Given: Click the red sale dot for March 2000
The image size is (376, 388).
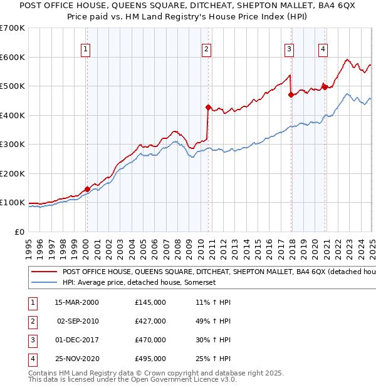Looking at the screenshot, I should point(87,189).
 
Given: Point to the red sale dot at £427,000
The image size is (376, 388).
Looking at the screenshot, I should point(208,107).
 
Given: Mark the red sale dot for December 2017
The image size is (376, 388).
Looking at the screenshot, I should point(291,94).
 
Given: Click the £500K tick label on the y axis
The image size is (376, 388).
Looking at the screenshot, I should point(13,86).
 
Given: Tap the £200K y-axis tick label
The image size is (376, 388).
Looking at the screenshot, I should point(13,173).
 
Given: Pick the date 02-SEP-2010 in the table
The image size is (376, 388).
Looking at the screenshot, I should point(76,321).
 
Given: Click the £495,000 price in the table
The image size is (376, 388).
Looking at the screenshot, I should point(150,359).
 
